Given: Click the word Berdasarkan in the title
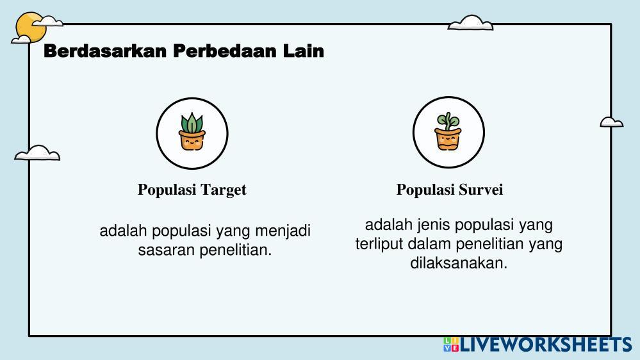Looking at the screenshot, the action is [x=105, y=51].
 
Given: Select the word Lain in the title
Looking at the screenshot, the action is [x=303, y=51].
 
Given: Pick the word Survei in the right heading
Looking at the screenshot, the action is [x=481, y=190].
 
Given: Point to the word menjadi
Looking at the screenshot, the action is [x=283, y=231].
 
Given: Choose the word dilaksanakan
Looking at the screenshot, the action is [x=459, y=263].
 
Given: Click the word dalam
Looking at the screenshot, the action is [x=429, y=243].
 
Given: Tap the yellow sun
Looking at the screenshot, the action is [x=29, y=27].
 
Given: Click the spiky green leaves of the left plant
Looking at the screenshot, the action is [x=192, y=123].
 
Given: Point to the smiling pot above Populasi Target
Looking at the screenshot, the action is [x=192, y=140].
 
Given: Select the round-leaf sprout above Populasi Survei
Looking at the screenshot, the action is [x=448, y=121].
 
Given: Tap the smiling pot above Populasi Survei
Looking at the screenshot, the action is [x=448, y=139].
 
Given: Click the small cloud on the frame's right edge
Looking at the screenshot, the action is [x=611, y=122].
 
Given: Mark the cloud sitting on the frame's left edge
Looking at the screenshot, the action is [x=37, y=152].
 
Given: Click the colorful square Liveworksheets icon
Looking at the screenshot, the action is [x=451, y=345].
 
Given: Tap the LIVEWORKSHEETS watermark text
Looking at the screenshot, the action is [x=546, y=345].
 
